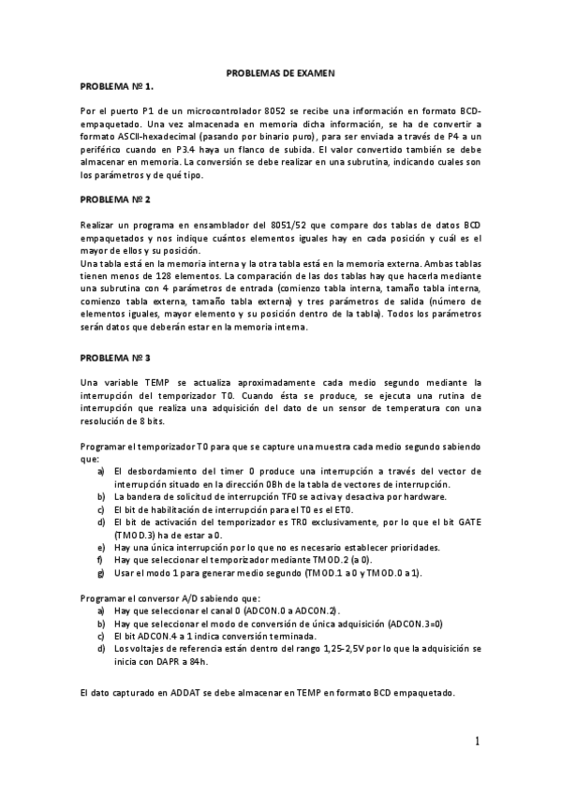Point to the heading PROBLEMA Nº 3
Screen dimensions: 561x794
(115, 357)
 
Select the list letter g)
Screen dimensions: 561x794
(100, 572)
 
